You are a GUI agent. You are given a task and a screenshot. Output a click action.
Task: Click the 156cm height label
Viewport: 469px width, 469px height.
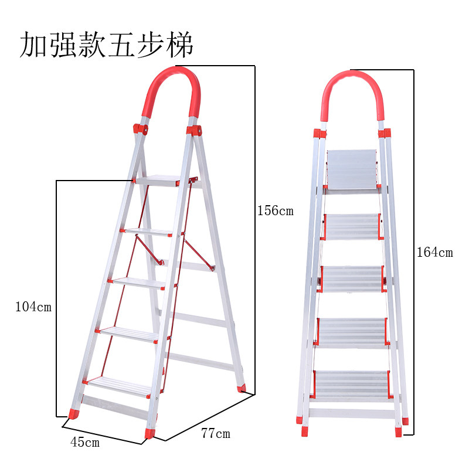[276, 210]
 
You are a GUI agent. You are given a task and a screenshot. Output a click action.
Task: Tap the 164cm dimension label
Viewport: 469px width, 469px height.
[435, 252]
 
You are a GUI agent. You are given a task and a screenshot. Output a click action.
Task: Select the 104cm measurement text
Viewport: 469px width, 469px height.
[33, 307]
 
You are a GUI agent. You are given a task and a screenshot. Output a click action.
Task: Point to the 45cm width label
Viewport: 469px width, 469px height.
[85, 442]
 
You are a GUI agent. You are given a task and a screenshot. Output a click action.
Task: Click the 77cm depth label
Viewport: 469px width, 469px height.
[216, 433]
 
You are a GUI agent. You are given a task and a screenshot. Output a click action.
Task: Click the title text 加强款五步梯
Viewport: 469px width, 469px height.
[107, 45]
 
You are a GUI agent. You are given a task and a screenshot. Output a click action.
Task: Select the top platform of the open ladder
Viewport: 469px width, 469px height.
[157, 181]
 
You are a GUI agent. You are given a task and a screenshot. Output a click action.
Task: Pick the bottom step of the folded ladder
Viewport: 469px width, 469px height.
[352, 385]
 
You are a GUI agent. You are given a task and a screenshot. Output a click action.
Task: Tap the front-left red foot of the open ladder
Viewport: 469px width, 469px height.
[74, 414]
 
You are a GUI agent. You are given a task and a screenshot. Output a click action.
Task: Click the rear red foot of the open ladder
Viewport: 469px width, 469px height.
[242, 389]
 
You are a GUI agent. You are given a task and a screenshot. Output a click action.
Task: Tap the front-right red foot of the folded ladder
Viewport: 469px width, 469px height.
[399, 432]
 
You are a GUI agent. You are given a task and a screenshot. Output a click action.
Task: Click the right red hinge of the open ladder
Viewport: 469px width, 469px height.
[194, 131]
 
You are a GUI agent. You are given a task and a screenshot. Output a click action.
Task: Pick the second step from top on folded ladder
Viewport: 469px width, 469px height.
[352, 227]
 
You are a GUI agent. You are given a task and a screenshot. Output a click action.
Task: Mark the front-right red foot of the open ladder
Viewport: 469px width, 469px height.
[149, 433]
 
